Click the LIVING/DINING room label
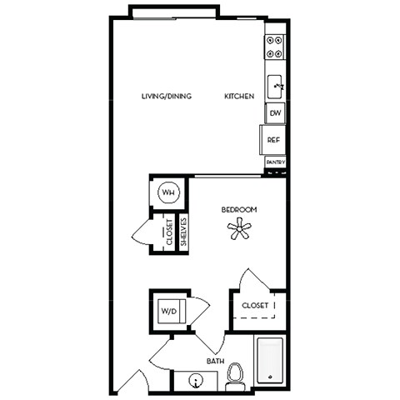pyautogui.click(x=167, y=97)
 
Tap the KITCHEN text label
pyautogui.click(x=239, y=97)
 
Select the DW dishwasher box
pyautogui.click(x=275, y=112)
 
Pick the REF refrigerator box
pyautogui.click(x=273, y=139)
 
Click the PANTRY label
pyautogui.click(x=276, y=162)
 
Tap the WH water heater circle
pyautogui.click(x=167, y=193)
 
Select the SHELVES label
pyautogui.click(x=184, y=232)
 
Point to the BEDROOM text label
pyautogui.click(x=238, y=210)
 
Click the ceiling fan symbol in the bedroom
pyautogui.click(x=239, y=229)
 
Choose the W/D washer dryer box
pyautogui.click(x=169, y=312)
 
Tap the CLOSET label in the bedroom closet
pyautogui.click(x=255, y=306)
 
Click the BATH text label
pyautogui.click(x=215, y=361)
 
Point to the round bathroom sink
pyautogui.click(x=196, y=382)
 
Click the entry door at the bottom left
pyautogui.click(x=129, y=382)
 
